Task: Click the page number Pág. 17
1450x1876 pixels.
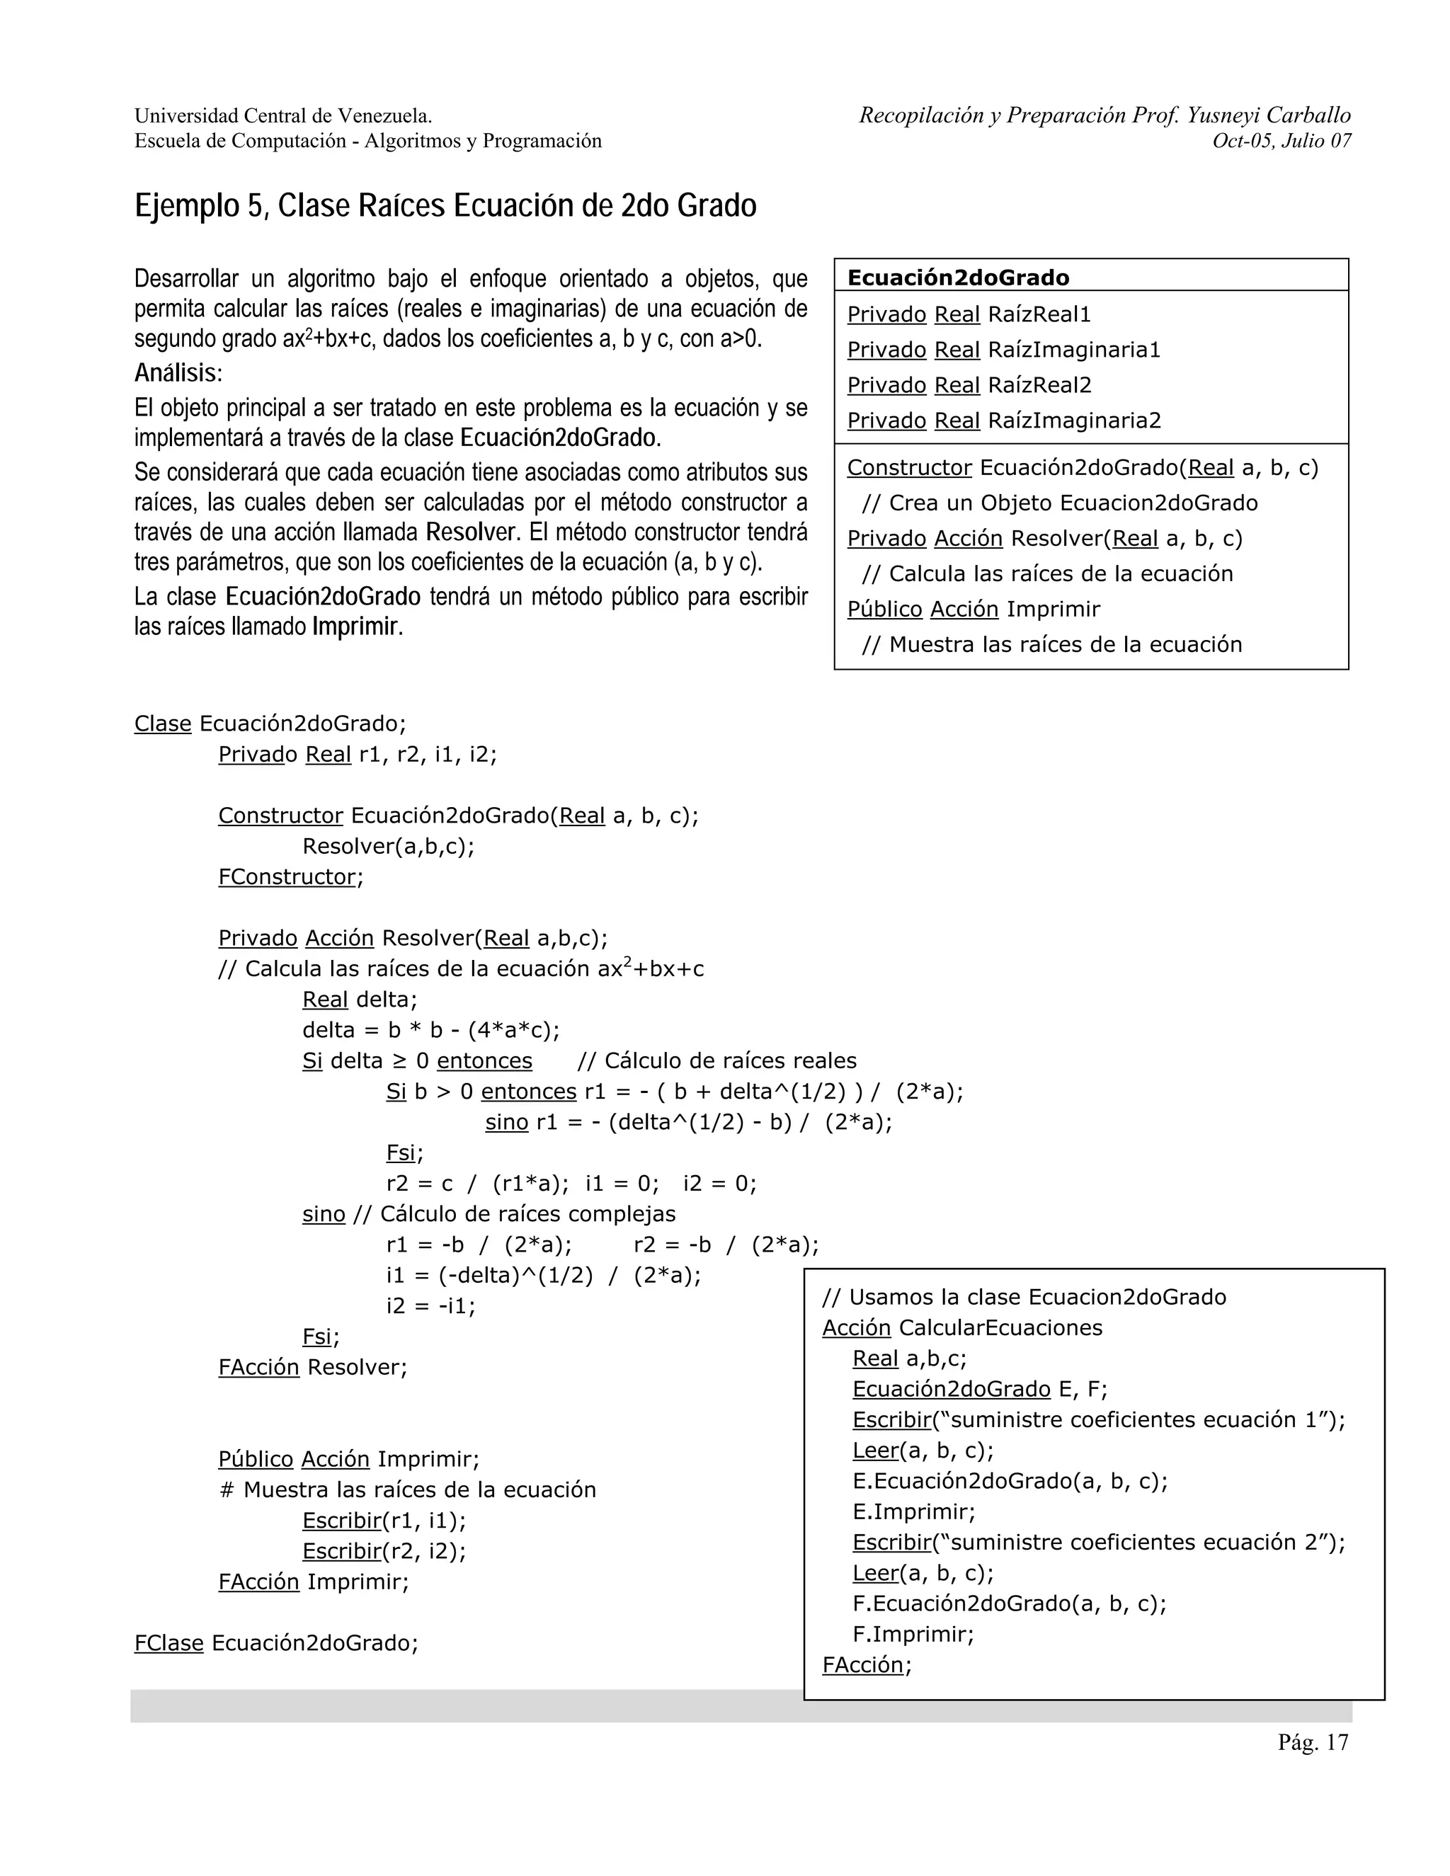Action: (x=1313, y=1742)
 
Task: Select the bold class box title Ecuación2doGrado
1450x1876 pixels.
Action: (x=958, y=278)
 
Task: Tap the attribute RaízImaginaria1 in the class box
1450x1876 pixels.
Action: (x=1074, y=350)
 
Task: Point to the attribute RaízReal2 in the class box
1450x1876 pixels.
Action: (x=1039, y=385)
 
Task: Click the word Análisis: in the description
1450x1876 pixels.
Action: (x=178, y=373)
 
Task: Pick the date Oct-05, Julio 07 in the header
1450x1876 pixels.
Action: (x=1281, y=141)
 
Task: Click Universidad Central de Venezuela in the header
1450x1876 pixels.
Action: (x=282, y=115)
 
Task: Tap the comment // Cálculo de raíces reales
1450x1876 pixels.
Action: (x=717, y=1061)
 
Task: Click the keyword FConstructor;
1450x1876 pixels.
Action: (x=290, y=877)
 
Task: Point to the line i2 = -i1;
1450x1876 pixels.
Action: (x=430, y=1305)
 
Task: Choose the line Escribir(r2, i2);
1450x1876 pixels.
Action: (x=383, y=1550)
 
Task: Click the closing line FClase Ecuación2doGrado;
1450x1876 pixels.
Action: (x=275, y=1642)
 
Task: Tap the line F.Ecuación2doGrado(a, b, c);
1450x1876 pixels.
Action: (x=1010, y=1603)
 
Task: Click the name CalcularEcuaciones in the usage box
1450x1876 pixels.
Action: (x=1000, y=1327)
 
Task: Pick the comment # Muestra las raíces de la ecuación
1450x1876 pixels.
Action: (x=407, y=1489)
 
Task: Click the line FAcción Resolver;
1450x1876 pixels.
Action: (x=313, y=1366)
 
